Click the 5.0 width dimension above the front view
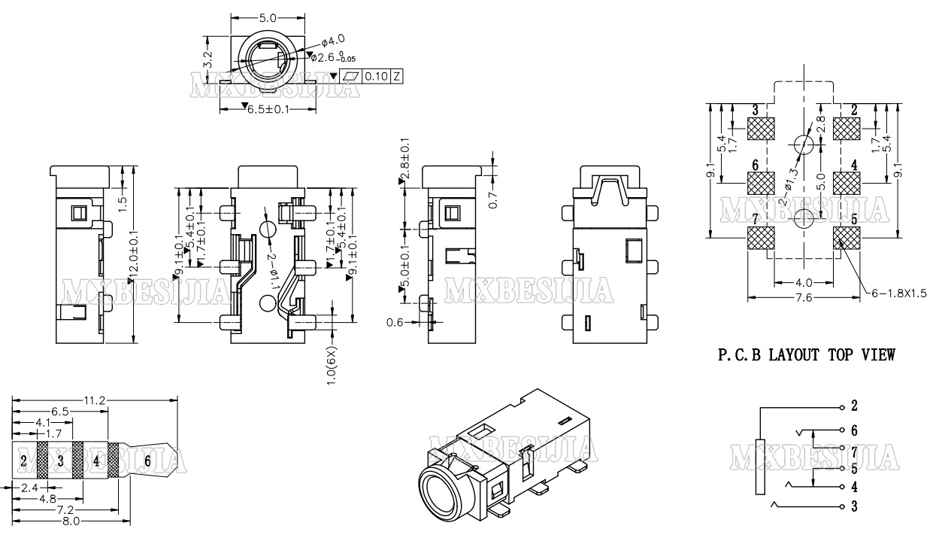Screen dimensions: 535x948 point(268,17)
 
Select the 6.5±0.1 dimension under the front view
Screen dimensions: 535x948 point(266,110)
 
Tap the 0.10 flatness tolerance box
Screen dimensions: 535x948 point(377,76)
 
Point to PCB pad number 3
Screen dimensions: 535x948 point(761,129)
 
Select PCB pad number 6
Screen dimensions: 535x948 point(761,183)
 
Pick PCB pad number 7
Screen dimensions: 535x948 point(761,238)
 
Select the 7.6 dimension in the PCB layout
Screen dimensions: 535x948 point(803,298)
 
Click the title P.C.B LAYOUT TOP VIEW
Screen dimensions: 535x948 point(807,355)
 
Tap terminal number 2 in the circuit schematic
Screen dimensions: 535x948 point(854,406)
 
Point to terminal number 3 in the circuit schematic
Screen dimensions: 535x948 point(854,506)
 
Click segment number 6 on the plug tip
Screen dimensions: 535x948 point(147,461)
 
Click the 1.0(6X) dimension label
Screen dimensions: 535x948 point(331,364)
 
